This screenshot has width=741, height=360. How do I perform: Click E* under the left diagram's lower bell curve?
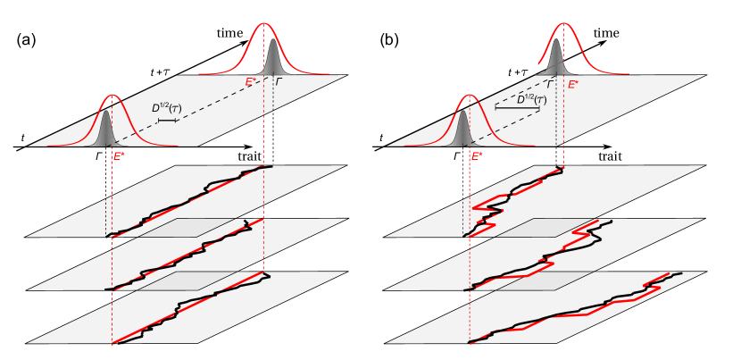tap(119, 156)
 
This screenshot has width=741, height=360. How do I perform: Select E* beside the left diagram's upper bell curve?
tap(252, 82)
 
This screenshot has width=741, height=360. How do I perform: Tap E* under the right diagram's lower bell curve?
tap(477, 156)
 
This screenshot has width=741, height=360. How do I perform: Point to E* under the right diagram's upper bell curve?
tap(573, 85)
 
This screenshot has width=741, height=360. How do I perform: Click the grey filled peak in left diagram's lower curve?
tap(106, 130)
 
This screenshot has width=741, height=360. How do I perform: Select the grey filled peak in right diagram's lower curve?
tap(462, 130)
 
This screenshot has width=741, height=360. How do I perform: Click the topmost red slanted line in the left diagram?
tap(187, 202)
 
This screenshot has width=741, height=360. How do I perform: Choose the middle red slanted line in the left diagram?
tap(187, 255)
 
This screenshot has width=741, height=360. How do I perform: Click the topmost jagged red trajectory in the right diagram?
tap(518, 191)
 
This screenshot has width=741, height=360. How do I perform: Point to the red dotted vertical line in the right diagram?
tap(470, 268)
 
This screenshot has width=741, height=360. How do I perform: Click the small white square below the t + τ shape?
tap(540, 100)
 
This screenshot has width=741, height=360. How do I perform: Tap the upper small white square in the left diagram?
tap(167, 72)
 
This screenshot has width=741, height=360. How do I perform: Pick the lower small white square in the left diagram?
tap(175, 109)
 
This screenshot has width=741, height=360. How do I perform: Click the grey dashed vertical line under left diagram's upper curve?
tap(263, 134)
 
